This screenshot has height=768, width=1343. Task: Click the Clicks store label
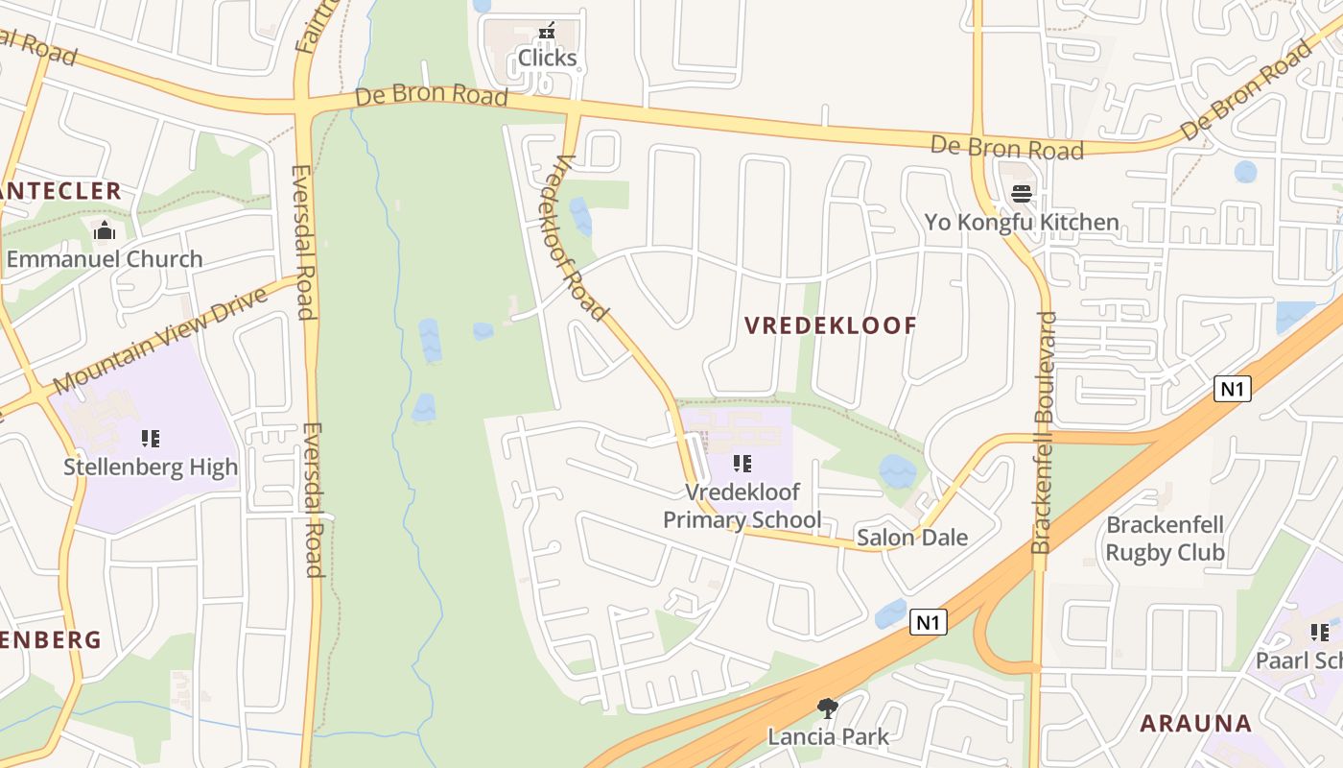pyautogui.click(x=547, y=59)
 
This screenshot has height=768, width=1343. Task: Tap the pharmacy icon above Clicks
pyautogui.click(x=547, y=32)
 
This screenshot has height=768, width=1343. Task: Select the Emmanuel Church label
pyautogui.click(x=105, y=259)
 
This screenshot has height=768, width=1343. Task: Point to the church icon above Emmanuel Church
pyautogui.click(x=105, y=230)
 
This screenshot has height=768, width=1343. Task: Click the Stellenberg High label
pyautogui.click(x=151, y=468)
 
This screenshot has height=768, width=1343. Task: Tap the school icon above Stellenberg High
pyautogui.click(x=151, y=439)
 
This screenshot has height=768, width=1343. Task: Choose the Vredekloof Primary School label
pyautogui.click(x=742, y=506)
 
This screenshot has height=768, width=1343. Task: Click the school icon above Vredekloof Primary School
pyautogui.click(x=742, y=465)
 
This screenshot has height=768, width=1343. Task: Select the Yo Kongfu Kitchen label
pyautogui.click(x=1022, y=223)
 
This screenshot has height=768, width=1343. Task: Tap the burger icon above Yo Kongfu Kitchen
pyautogui.click(x=1022, y=193)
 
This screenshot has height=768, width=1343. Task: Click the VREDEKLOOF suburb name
pyautogui.click(x=831, y=325)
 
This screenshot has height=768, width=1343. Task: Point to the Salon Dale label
pyautogui.click(x=912, y=538)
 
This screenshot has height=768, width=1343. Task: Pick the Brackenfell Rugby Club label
pyautogui.click(x=1166, y=539)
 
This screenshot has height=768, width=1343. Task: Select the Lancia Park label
pyautogui.click(x=828, y=737)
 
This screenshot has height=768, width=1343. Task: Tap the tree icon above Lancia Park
pyautogui.click(x=828, y=708)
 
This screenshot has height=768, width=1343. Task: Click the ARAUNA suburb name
pyautogui.click(x=1195, y=724)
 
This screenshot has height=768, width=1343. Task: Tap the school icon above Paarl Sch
pyautogui.click(x=1320, y=633)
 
